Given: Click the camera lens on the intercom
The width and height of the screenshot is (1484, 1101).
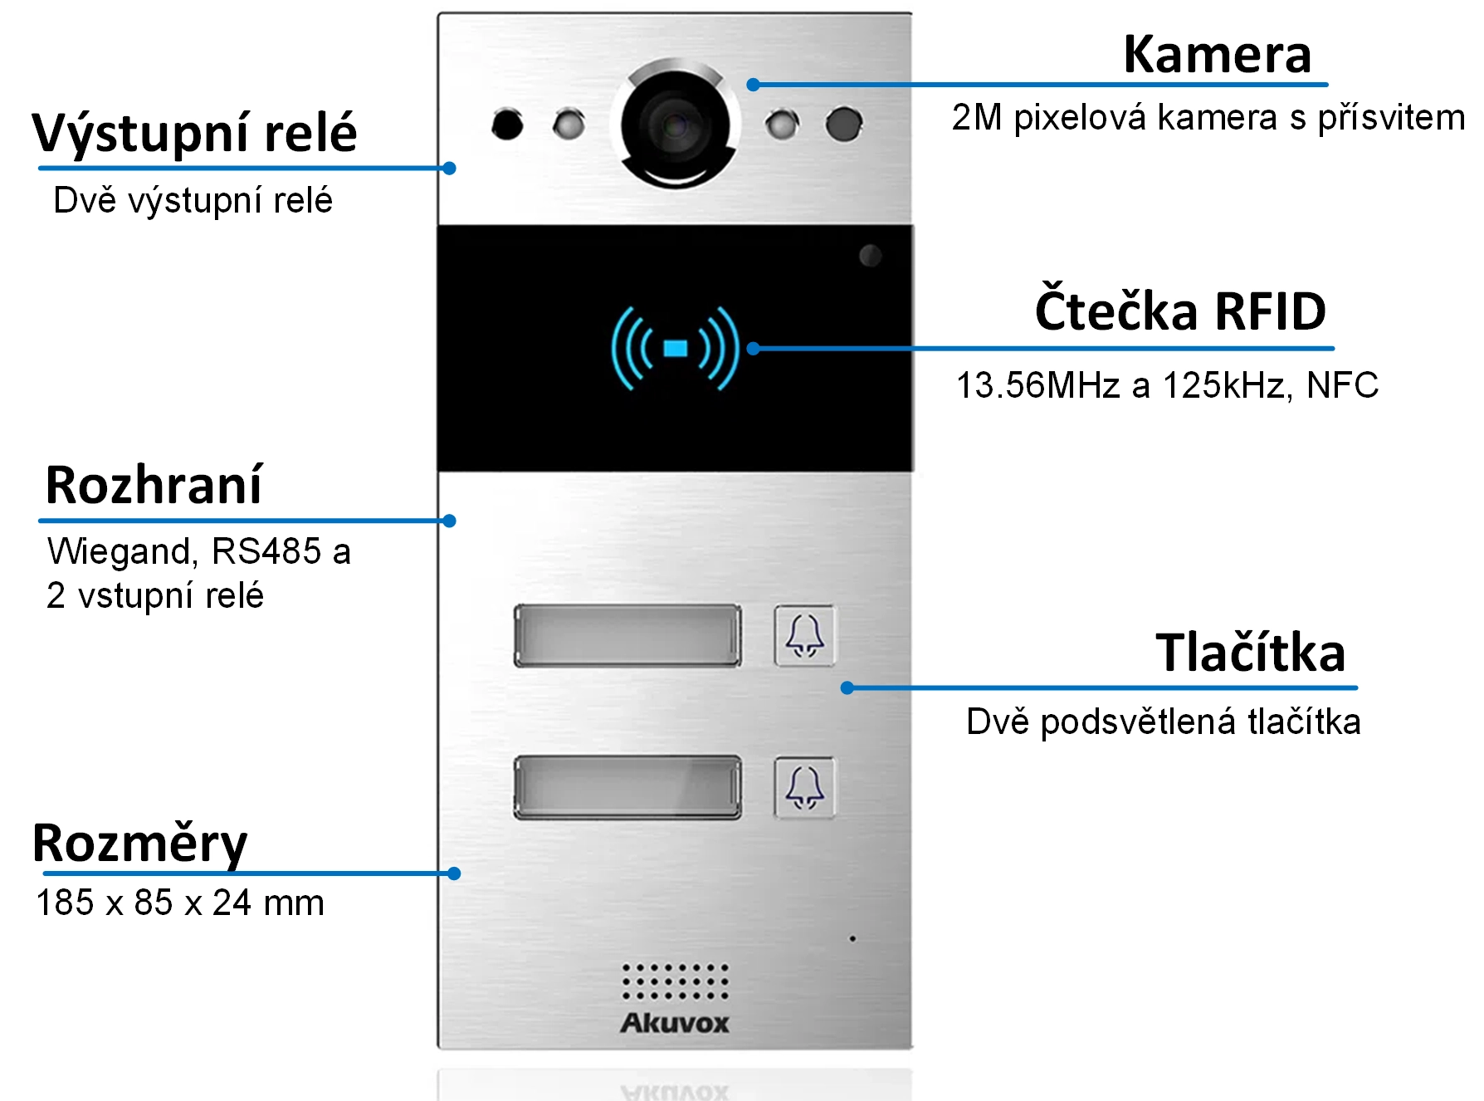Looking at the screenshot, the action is pyautogui.click(x=675, y=125).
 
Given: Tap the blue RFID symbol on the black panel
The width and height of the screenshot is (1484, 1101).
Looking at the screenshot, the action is pyautogui.click(x=675, y=348).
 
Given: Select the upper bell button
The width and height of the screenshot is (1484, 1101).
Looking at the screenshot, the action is pyautogui.click(x=804, y=636).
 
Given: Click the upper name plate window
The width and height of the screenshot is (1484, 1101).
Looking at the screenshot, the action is pyautogui.click(x=627, y=636).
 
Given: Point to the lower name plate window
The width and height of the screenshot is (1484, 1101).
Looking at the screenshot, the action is pyautogui.click(x=627, y=787).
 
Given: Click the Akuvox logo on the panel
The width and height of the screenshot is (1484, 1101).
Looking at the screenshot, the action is pyautogui.click(x=675, y=1023).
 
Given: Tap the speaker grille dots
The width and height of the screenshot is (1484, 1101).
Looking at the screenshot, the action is pyautogui.click(x=676, y=981).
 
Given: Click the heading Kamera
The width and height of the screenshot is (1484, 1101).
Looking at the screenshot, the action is pyautogui.click(x=1217, y=55).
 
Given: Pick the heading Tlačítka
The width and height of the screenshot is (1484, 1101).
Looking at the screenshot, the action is pyautogui.click(x=1250, y=653).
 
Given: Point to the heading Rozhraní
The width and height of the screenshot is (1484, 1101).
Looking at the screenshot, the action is pyautogui.click(x=154, y=486).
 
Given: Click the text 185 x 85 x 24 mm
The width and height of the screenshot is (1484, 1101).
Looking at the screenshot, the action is pyautogui.click(x=180, y=903).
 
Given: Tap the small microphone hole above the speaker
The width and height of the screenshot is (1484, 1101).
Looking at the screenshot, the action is pyautogui.click(x=852, y=939).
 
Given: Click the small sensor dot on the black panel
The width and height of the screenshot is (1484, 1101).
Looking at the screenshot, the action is pyautogui.click(x=870, y=255).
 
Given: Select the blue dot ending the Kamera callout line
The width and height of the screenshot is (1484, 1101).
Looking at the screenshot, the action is pyautogui.click(x=753, y=85).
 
